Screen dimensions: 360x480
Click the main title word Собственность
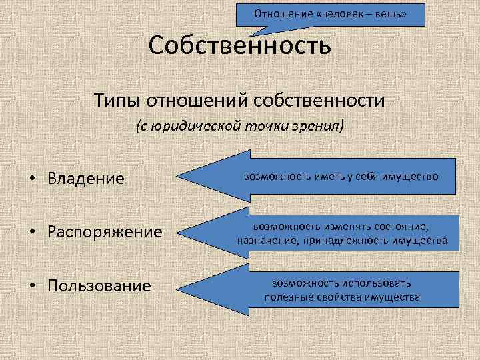pyautogui.click(x=239, y=46)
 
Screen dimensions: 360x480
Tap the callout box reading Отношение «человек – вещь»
pyautogui.click(x=331, y=13)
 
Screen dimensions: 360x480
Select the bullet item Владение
pyautogui.click(x=86, y=179)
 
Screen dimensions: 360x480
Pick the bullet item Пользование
pyautogui.click(x=99, y=286)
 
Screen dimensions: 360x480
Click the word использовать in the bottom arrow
pyautogui.click(x=372, y=283)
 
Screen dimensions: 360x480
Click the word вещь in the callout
pyautogui.click(x=390, y=13)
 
